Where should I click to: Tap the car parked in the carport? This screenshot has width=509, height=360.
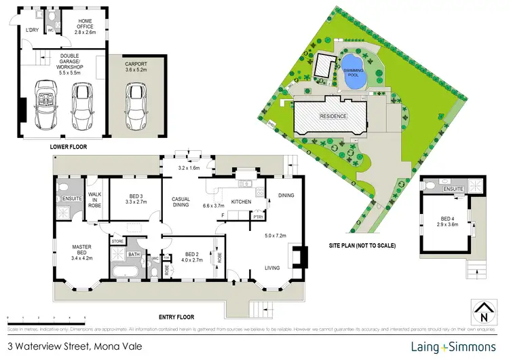135,109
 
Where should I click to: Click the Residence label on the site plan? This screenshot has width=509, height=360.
334,116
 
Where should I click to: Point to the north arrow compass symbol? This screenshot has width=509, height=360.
483,312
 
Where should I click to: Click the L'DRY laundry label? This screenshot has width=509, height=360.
32,31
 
